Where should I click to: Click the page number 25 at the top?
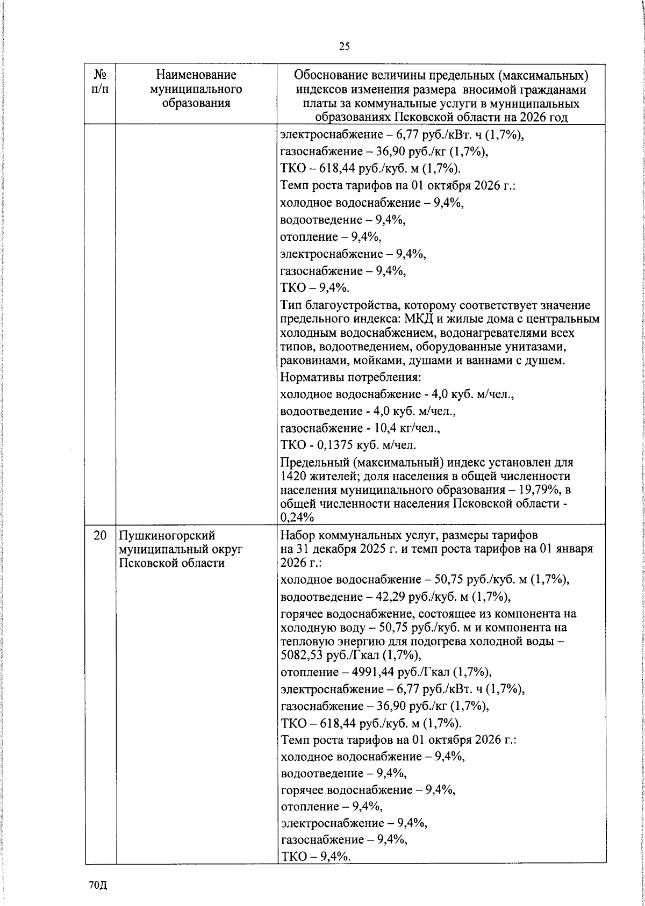(344, 47)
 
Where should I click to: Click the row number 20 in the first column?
(99, 535)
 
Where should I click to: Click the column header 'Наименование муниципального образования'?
(196, 89)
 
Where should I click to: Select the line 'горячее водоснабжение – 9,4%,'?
(368, 790)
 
